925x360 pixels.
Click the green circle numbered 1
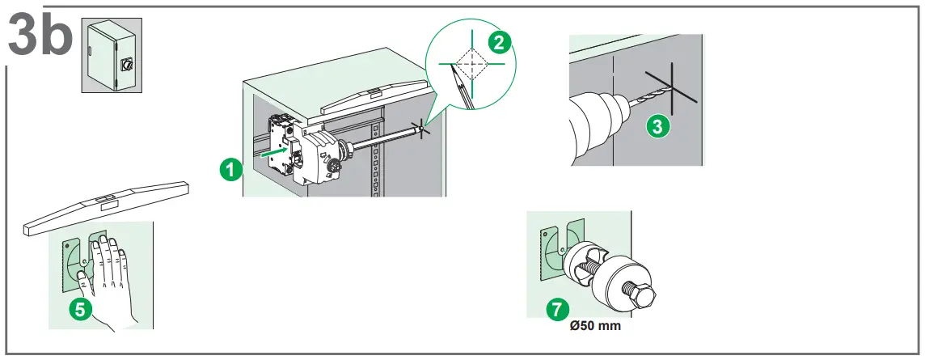tap(231, 169)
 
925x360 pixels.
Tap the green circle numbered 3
tap(660, 125)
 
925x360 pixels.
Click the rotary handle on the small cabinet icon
tap(127, 63)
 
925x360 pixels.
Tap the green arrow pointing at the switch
tap(276, 149)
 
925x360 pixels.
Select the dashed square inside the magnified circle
tap(471, 61)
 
